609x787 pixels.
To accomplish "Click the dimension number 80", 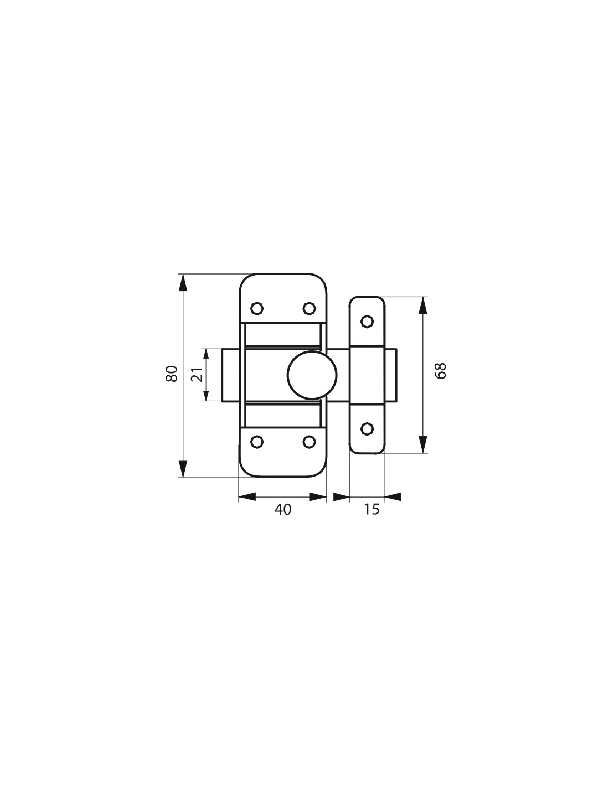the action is click(x=172, y=374).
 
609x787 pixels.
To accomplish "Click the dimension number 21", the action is click(x=197, y=375).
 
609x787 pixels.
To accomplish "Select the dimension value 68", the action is click(x=440, y=370).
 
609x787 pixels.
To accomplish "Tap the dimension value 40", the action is click(x=282, y=510).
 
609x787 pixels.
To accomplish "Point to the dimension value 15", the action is click(x=371, y=509).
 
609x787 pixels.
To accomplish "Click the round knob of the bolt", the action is click(x=312, y=375).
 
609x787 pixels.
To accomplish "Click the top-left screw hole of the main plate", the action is click(x=257, y=309).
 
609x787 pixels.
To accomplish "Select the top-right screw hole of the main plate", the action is click(x=309, y=309).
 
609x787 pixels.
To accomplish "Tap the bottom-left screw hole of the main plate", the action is click(x=257, y=442).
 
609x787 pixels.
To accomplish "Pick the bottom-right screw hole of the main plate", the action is click(x=309, y=442).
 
